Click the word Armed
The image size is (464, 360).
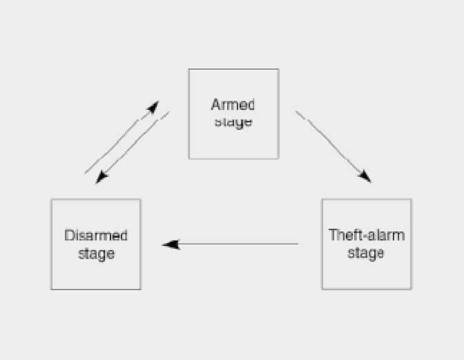point(233,105)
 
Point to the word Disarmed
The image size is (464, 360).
point(96,236)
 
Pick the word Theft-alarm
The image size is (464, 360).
point(367,235)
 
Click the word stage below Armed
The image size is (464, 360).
point(233,122)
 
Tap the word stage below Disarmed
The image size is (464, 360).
point(96,254)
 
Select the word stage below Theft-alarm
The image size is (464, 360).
point(366,253)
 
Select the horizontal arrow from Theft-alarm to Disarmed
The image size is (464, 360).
point(231,244)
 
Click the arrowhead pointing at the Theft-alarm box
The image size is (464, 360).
point(365,177)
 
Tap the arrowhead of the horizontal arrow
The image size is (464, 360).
point(170,244)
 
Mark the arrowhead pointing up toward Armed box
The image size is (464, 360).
point(153,106)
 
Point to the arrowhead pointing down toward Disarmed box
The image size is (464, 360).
point(102,178)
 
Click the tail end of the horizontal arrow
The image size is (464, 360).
point(297,244)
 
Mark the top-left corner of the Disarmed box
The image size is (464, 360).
point(52,200)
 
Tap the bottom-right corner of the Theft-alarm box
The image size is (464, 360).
point(411,289)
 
